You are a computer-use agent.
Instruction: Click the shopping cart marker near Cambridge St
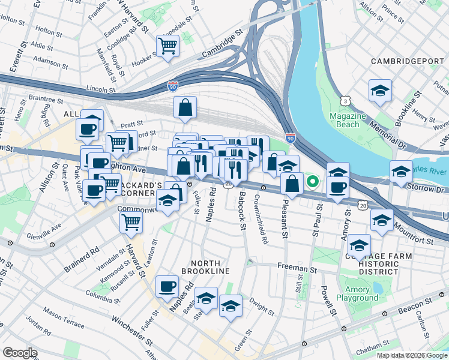(x=168, y=45)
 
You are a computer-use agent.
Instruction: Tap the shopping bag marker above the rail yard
(x=186, y=107)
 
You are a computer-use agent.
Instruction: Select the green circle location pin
(x=312, y=180)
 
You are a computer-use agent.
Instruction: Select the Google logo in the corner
(x=20, y=353)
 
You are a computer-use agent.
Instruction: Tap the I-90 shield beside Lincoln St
(x=173, y=86)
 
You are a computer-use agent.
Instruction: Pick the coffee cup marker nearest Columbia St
(x=167, y=286)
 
